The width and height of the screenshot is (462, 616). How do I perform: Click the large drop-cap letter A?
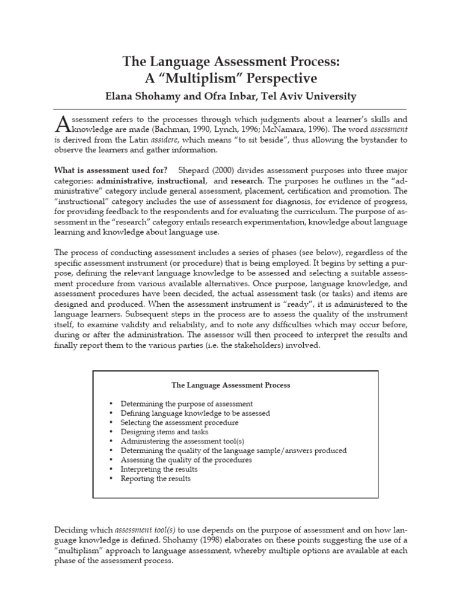tap(63, 125)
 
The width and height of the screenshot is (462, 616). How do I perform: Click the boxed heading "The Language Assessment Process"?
tap(231, 384)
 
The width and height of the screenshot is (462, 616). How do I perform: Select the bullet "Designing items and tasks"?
tap(164, 432)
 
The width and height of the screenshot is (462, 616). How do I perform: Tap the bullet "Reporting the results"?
tap(155, 479)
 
